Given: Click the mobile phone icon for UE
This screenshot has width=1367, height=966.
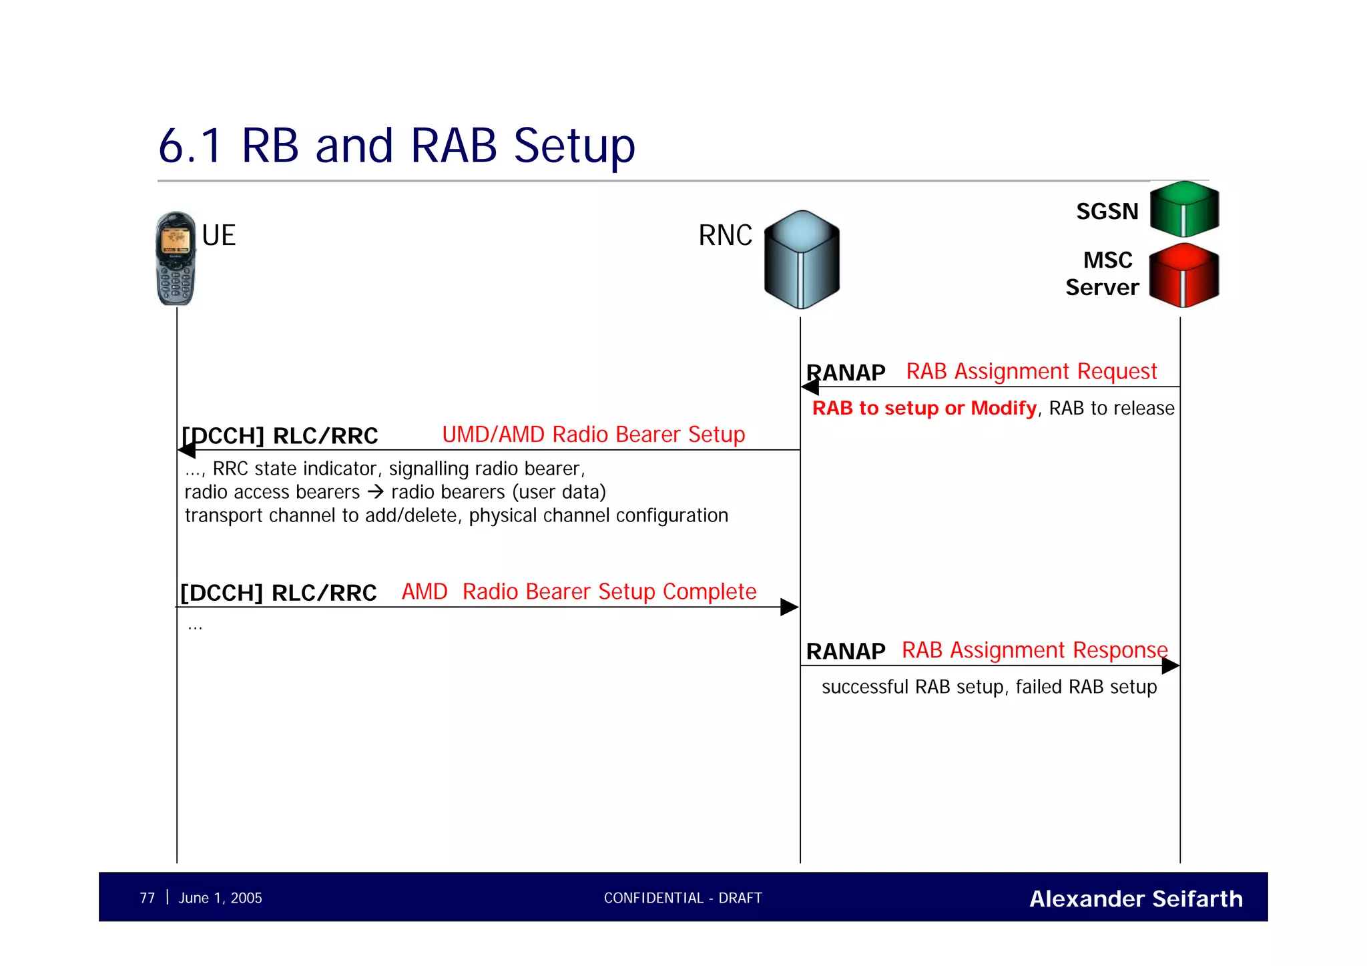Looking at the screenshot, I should (x=176, y=259).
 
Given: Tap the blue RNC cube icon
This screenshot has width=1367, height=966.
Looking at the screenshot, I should (x=802, y=260).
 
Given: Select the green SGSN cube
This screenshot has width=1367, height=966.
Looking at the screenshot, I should (x=1184, y=209).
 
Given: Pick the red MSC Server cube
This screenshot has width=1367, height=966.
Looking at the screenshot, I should (x=1184, y=275).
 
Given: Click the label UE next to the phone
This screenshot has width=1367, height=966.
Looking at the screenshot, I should (x=219, y=236).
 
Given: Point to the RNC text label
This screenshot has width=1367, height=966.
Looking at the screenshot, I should (x=725, y=236).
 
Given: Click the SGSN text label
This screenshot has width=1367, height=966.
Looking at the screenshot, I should (x=1107, y=212).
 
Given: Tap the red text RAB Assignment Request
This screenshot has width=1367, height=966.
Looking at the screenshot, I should (x=1031, y=371).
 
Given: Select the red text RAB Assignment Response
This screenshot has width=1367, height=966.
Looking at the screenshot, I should (x=1034, y=650).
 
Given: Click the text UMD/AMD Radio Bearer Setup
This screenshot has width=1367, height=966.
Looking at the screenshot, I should (x=593, y=435).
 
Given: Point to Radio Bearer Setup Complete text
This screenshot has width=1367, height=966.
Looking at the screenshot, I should (x=609, y=591).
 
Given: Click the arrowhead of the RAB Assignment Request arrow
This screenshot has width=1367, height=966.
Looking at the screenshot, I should (x=810, y=387).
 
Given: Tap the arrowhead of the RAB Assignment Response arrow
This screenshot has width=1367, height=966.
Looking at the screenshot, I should (x=1170, y=666).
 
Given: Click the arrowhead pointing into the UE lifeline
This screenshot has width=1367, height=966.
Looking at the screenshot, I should (x=186, y=451).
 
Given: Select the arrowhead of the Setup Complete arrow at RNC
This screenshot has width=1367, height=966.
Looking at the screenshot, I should (x=790, y=607).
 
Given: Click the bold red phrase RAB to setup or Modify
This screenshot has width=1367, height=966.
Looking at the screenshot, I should (x=924, y=408).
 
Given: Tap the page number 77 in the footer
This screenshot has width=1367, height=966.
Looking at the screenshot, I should (x=147, y=898).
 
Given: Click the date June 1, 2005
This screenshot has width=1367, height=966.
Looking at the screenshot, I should (x=220, y=898).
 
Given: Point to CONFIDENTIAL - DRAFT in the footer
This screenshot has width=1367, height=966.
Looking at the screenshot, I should (x=682, y=898).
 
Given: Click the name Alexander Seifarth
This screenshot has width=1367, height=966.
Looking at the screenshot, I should (x=1135, y=899).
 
